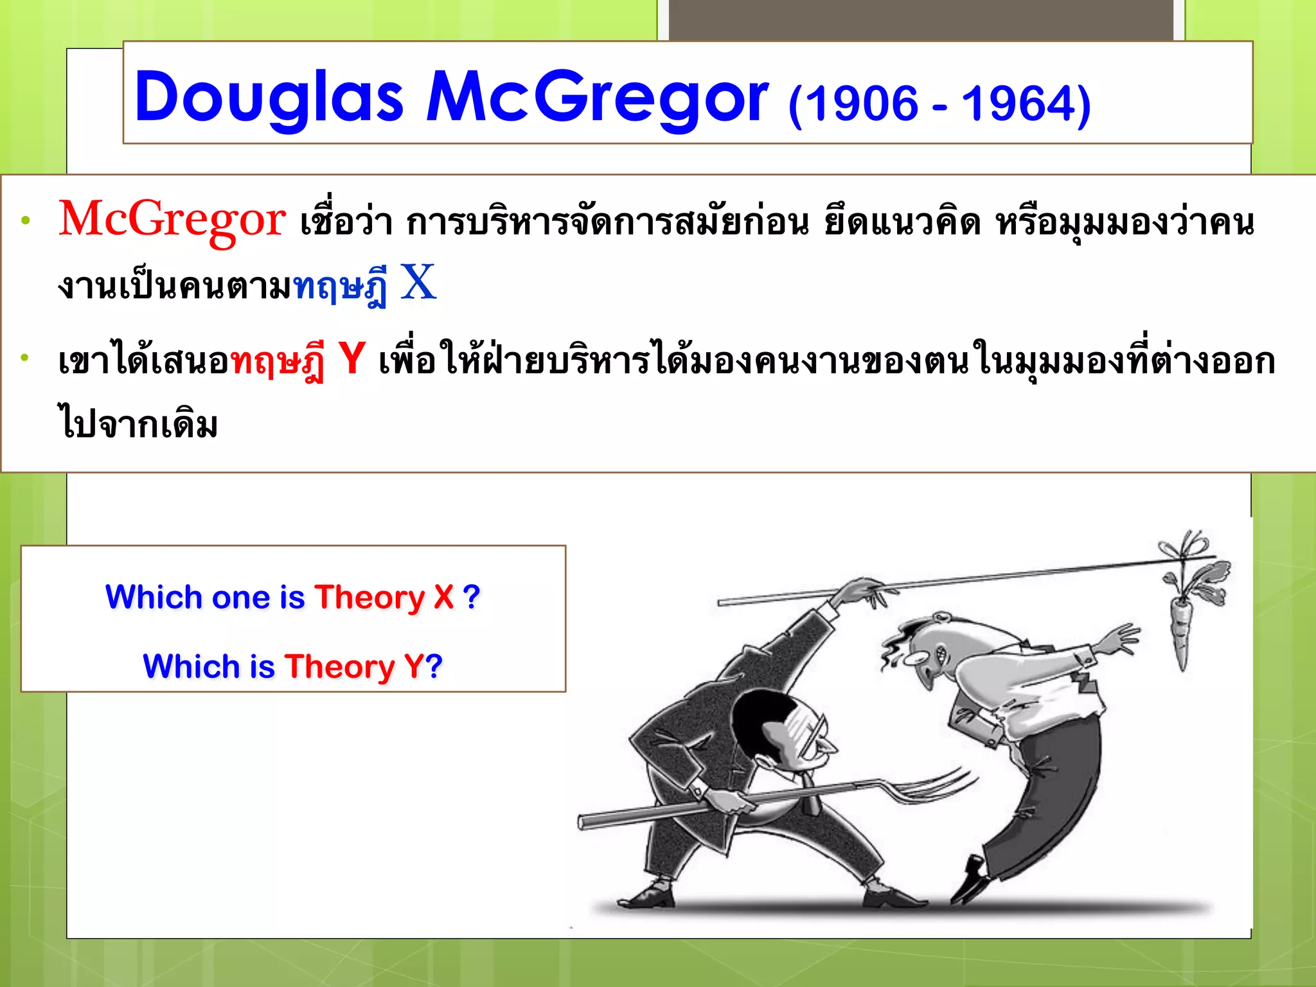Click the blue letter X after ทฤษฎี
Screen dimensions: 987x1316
[x=418, y=283]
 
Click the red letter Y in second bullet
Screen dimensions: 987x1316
[x=351, y=359]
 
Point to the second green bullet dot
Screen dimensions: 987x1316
[x=25, y=357]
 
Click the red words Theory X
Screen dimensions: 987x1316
[x=384, y=597]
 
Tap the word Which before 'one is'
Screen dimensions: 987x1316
[x=154, y=597]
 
